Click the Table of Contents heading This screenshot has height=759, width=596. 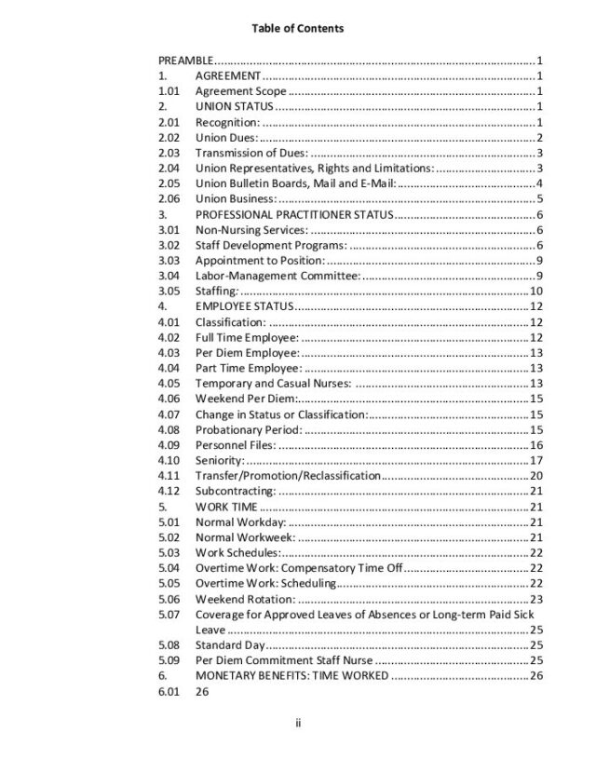[x=297, y=29]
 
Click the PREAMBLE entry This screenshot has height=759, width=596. [x=186, y=61]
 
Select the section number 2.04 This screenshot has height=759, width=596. [x=169, y=168]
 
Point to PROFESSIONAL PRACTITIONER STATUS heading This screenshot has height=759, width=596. [x=294, y=214]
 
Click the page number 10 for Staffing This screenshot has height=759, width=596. [x=536, y=291]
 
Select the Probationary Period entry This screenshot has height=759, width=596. [x=248, y=429]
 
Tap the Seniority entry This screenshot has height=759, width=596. [x=220, y=460]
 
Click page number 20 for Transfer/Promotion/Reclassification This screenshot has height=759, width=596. [x=536, y=476]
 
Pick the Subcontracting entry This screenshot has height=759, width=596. [x=235, y=491]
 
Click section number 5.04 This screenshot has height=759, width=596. [x=169, y=568]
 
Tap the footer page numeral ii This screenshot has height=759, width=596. [x=297, y=722]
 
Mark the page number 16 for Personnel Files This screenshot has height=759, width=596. [x=536, y=445]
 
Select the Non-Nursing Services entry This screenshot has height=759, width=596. [x=250, y=230]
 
